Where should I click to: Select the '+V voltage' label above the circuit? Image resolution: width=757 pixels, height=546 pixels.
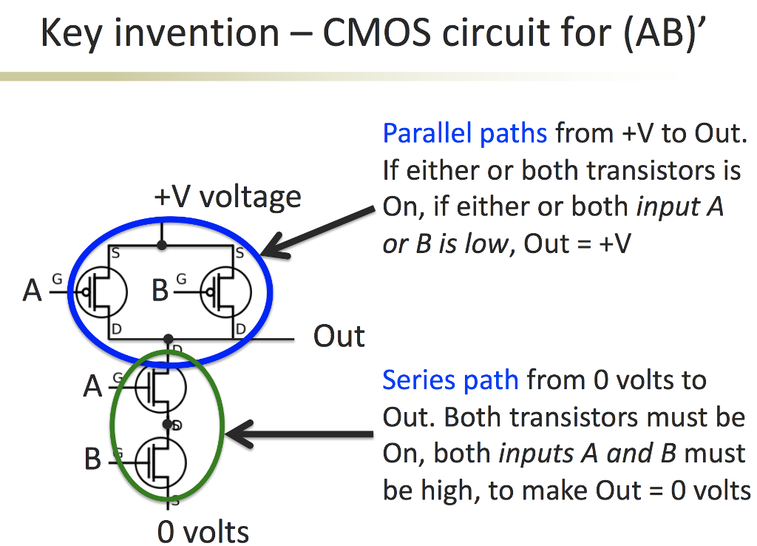[228, 198]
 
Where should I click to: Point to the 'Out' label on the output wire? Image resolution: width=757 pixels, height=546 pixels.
[339, 337]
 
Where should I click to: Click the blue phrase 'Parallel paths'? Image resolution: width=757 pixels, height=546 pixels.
[464, 134]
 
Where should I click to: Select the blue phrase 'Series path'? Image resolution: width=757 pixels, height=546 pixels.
[449, 380]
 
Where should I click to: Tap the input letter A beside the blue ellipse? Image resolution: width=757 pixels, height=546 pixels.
[32, 291]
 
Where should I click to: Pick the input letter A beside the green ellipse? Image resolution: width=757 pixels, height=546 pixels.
[92, 386]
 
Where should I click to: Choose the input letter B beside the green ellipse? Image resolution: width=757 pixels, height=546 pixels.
[92, 459]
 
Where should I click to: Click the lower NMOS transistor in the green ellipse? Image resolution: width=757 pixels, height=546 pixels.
[160, 460]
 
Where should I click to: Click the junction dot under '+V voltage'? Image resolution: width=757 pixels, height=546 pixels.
[162, 244]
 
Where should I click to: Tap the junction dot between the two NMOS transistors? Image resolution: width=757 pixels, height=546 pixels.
[168, 425]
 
